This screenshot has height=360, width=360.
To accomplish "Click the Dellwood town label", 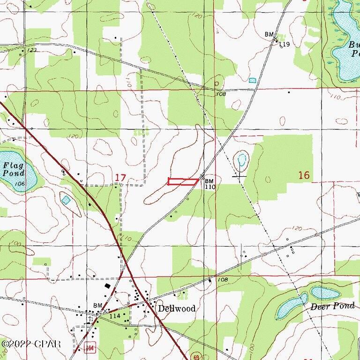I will [176, 309].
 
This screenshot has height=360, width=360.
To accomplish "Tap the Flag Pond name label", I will [13, 169].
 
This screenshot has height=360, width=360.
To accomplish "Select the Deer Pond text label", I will [328, 307].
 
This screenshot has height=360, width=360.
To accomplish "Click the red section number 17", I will [120, 177].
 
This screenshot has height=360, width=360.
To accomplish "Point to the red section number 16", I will [304, 175].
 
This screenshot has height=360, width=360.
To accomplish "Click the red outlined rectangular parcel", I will [183, 182].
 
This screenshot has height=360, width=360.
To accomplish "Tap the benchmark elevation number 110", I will [209, 187].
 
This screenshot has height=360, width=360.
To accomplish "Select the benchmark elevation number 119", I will [285, 45].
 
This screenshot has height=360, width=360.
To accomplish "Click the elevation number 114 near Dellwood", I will [115, 316].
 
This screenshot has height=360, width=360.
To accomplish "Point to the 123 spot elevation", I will [32, 50].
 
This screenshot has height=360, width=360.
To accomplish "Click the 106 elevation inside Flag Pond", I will [19, 184].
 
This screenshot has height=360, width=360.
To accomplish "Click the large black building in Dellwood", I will [109, 285].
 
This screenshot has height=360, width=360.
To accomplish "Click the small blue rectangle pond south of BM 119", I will [253, 81].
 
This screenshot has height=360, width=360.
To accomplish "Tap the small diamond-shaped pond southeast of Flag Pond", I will [66, 200].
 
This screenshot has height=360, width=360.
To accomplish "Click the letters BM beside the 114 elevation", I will [97, 306].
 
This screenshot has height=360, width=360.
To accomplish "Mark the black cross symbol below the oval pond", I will [240, 176].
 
